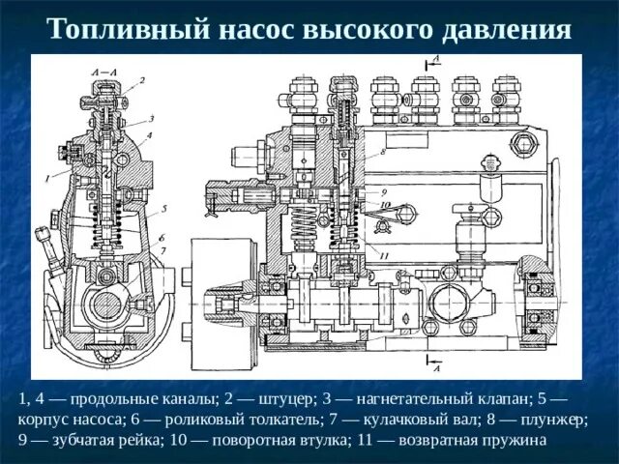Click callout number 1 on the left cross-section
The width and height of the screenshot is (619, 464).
45,178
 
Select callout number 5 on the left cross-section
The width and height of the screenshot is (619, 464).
164,208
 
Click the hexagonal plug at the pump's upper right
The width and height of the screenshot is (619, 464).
526,145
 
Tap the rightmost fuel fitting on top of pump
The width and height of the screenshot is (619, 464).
505,97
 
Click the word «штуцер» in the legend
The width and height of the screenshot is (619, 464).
285,398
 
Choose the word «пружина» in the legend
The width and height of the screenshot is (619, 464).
516,441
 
